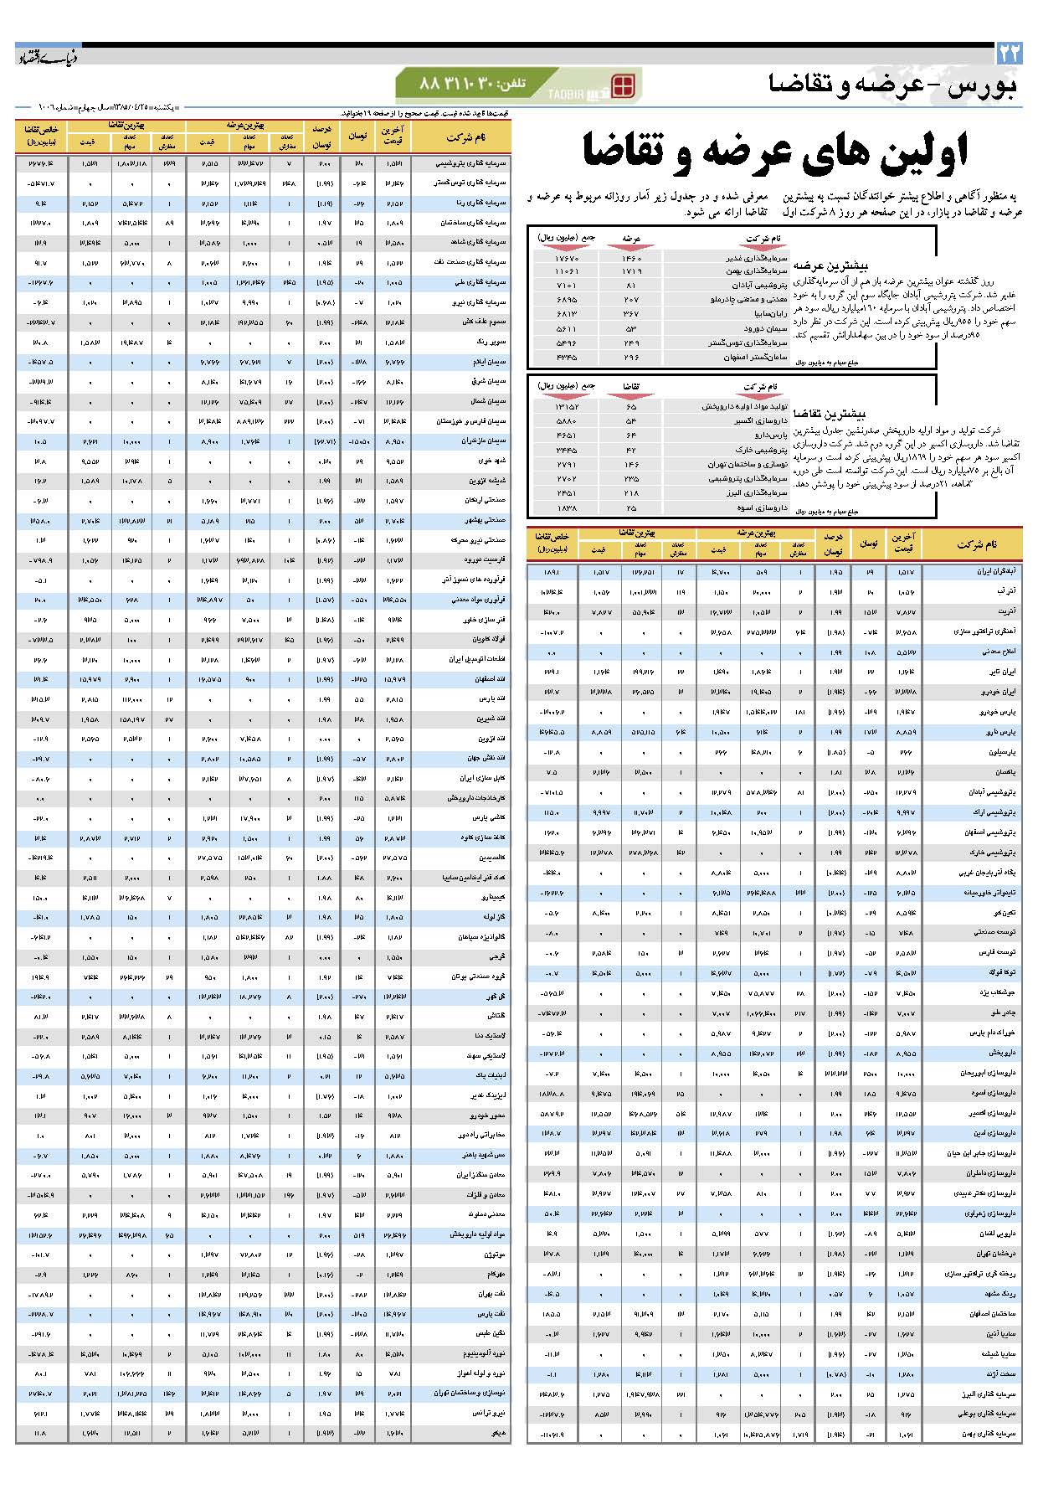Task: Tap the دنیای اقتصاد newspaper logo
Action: point(49,56)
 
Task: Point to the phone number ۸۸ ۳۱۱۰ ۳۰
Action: point(457,85)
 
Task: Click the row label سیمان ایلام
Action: point(491,362)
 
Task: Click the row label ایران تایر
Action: point(1002,672)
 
